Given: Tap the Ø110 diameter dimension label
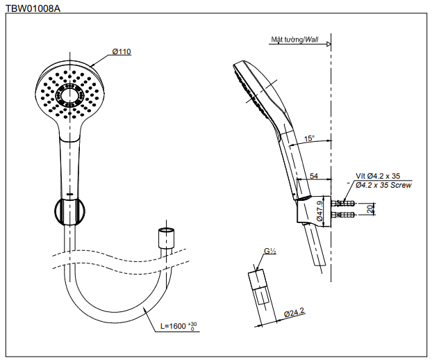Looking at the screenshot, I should point(122,51).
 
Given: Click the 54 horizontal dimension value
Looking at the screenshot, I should point(315,177).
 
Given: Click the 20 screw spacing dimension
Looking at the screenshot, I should point(370,208).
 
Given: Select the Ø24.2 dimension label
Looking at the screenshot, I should point(294,315).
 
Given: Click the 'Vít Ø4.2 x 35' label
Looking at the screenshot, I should point(379,177).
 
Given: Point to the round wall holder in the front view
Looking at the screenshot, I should point(69,211).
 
